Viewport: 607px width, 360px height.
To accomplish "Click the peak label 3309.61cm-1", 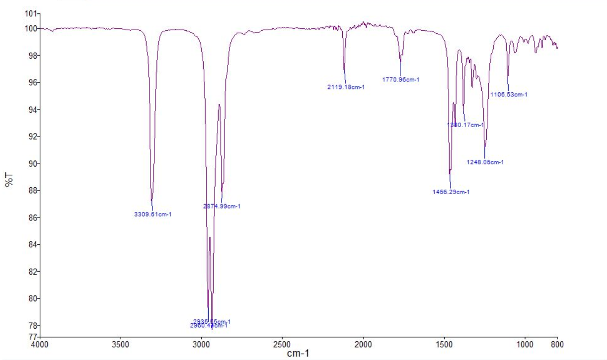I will pos(153,215).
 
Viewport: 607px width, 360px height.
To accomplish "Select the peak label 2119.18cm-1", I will pos(346,87).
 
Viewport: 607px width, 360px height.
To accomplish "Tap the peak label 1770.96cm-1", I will pos(401,79).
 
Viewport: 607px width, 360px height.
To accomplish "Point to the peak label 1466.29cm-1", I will pos(451,192).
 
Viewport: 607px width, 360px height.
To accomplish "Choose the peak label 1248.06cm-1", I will pos(485,162).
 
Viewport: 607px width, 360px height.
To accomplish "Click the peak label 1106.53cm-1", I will pos(509,94).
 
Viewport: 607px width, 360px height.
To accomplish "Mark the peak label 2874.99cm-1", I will pos(222,206).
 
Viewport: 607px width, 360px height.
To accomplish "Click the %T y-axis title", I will pos(8,179).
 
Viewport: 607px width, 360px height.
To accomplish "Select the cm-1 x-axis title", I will pos(298,354).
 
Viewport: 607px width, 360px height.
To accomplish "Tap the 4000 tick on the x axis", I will pos(40,344).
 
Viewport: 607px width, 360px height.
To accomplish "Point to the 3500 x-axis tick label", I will pos(121,344).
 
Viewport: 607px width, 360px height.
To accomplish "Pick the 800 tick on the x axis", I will pos(557,344).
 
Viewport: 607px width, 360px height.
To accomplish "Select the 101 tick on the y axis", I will pos(31,13).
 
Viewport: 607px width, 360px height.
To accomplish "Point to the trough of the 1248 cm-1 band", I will pos(485,145).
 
